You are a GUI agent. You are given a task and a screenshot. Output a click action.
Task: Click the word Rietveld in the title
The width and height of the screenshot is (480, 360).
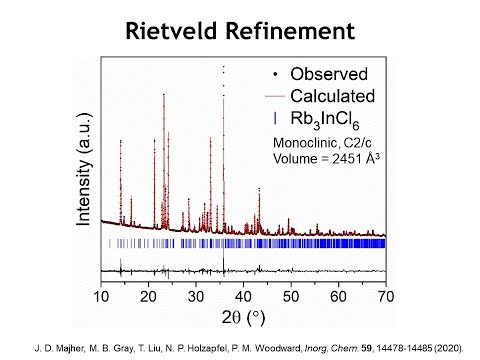(x=177, y=32)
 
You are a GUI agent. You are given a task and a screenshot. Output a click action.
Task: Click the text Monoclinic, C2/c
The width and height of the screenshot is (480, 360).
(x=322, y=143)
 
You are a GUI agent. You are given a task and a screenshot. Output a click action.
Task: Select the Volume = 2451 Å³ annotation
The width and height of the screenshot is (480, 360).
(x=328, y=159)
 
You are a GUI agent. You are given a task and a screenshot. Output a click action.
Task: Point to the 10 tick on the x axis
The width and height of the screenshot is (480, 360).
(x=102, y=296)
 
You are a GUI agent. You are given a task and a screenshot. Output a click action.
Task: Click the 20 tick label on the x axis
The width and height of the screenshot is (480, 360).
(x=149, y=296)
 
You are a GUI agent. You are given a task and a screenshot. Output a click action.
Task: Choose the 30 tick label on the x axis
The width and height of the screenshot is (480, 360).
(x=197, y=296)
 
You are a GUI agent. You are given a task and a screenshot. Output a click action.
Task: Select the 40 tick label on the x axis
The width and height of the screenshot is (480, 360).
(x=244, y=296)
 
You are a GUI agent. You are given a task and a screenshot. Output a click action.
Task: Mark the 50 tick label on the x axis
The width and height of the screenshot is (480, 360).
(x=291, y=296)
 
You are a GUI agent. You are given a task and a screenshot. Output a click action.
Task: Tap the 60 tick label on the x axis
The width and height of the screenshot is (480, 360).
(x=339, y=296)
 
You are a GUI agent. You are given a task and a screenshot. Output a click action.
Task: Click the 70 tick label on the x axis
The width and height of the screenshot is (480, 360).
(x=386, y=296)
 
